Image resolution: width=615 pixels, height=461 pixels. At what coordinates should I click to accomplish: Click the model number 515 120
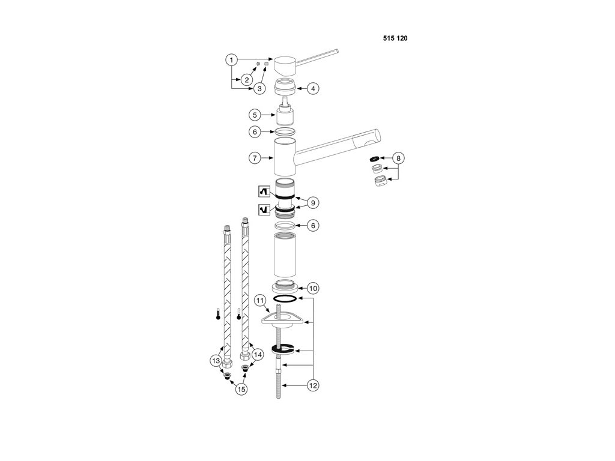[395, 38]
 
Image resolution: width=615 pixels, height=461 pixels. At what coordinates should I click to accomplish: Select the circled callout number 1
[231, 60]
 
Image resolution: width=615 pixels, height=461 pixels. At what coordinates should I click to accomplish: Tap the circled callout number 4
[313, 88]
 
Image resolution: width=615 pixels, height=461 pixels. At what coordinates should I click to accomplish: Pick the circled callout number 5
[255, 114]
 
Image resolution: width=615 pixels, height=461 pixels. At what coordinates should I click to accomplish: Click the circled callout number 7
[255, 158]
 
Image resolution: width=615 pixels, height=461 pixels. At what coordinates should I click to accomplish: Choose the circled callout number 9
[313, 203]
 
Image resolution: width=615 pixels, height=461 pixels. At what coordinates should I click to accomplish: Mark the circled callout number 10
[313, 286]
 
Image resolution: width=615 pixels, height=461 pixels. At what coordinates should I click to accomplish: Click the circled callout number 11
[260, 300]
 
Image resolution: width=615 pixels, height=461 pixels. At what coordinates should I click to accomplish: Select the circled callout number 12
[313, 386]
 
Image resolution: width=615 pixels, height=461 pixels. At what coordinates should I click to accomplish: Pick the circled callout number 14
[258, 354]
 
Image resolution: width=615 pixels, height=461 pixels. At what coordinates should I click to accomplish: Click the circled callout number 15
[241, 389]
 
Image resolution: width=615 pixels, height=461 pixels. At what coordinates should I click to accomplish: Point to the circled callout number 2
[246, 80]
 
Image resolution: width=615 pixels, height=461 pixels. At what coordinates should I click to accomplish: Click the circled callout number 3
[259, 88]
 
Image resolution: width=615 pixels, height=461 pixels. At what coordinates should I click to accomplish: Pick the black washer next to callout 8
[375, 159]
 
